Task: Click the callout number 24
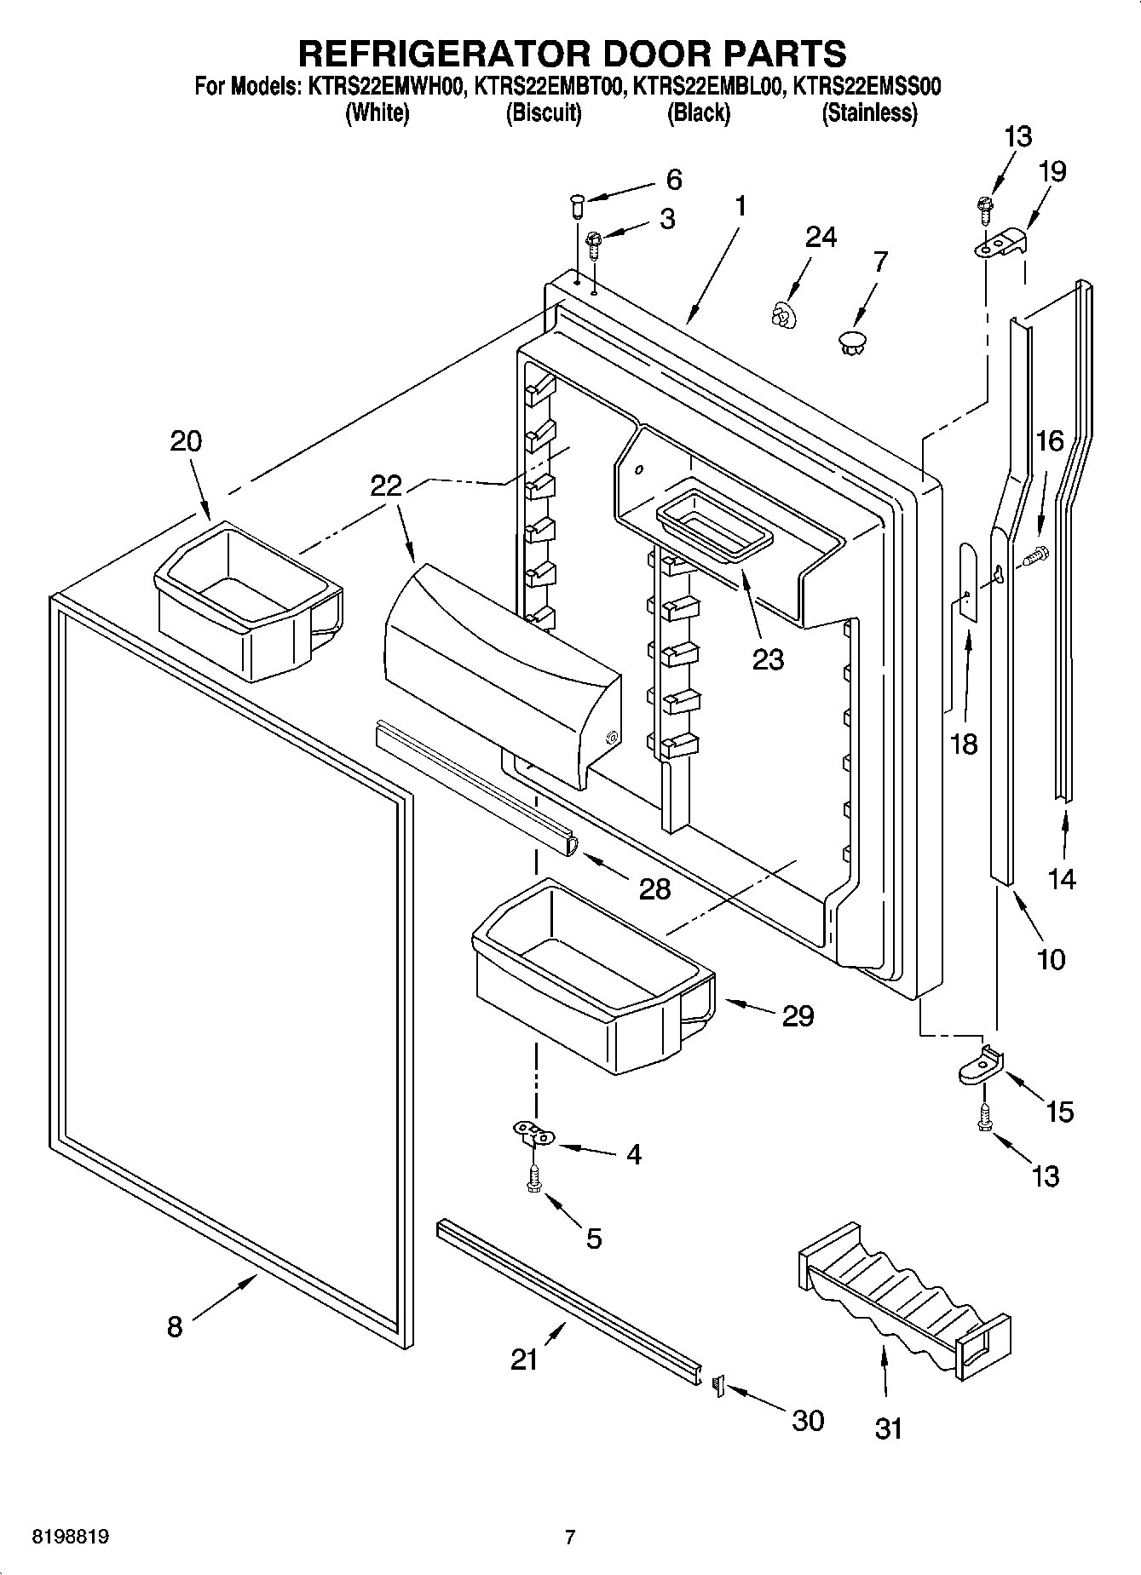pyautogui.click(x=821, y=238)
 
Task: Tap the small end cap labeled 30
pyautogui.click(x=717, y=1385)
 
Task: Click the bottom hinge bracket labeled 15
pyautogui.click(x=981, y=1066)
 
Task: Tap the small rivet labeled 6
pyautogui.click(x=576, y=204)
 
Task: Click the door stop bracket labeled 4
pyautogui.click(x=534, y=1132)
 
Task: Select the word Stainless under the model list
pyautogui.click(x=869, y=112)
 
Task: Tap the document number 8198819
pyautogui.click(x=70, y=1538)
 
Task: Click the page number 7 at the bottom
pyautogui.click(x=570, y=1538)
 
